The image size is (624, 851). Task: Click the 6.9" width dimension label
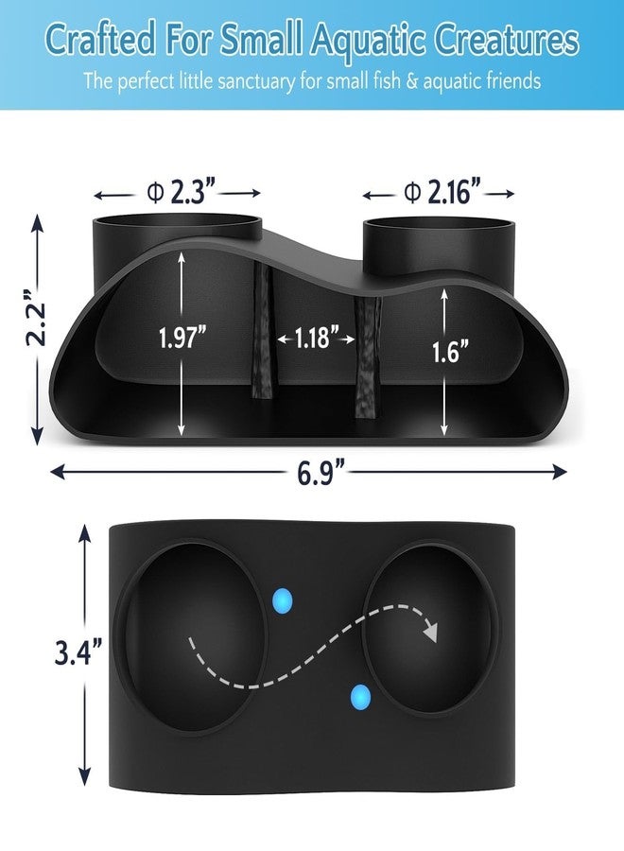coord(321,471)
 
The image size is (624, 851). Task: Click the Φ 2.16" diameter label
coord(442,192)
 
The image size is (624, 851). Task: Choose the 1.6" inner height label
coord(450,351)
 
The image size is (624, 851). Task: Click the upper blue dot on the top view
coord(282,600)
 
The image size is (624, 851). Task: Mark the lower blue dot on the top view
coord(360,696)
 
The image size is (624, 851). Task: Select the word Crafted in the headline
coord(100,40)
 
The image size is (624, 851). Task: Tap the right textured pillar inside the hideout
coord(368,357)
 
